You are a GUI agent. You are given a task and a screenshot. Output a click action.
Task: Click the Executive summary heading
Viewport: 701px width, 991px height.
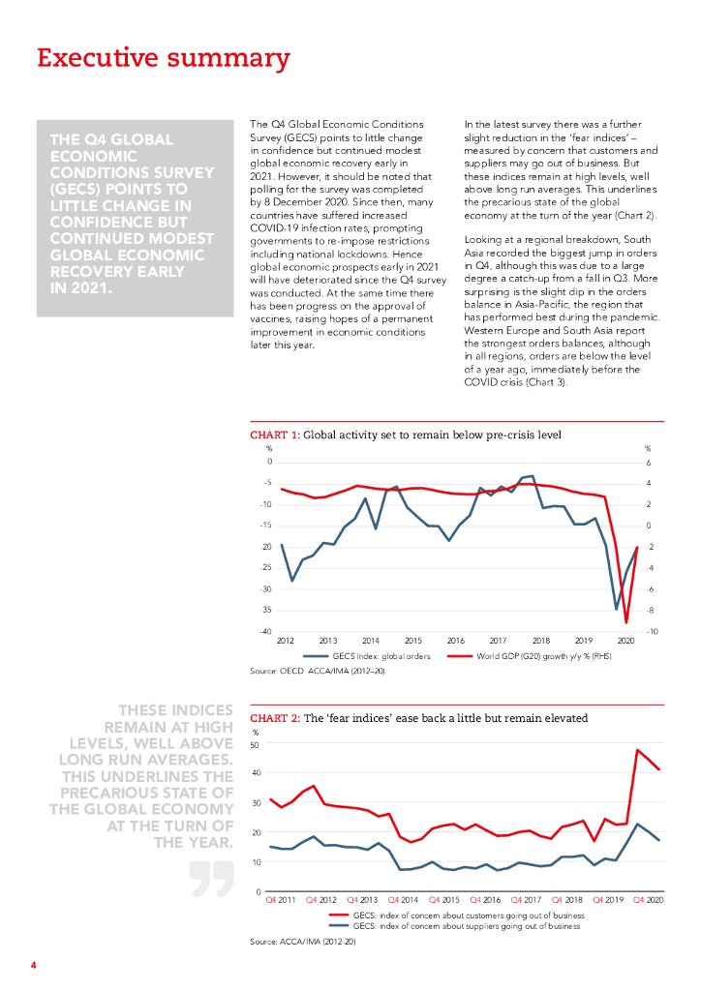163,58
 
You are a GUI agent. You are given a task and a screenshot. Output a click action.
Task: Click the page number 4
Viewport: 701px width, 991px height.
33,965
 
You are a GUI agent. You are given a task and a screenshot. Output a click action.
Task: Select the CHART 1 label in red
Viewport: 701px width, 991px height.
275,435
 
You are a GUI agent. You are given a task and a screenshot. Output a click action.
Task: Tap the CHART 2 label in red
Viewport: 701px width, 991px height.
275,718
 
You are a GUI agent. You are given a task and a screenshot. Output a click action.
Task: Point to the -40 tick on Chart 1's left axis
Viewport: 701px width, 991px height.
264,631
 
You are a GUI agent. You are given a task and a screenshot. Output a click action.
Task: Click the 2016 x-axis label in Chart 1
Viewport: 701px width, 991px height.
455,641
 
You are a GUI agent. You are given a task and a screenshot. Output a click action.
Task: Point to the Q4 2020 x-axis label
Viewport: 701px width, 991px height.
647,901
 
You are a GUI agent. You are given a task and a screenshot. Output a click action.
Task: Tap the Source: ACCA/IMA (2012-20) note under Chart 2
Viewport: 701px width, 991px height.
303,941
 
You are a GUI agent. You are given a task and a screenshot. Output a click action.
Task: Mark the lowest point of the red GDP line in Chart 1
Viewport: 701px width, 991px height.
626,622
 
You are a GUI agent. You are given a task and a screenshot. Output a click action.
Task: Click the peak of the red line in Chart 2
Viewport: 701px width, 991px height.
637,750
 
